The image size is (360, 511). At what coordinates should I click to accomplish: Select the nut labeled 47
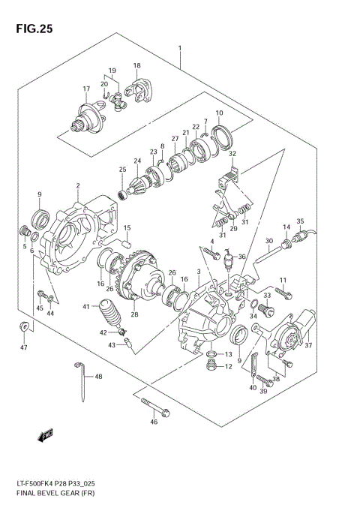25,326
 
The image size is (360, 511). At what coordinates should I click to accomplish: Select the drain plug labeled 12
211,366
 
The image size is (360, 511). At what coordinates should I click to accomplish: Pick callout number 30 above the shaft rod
268,241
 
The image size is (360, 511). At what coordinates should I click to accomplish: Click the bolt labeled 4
208,251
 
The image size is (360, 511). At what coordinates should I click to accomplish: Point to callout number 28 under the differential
135,314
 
